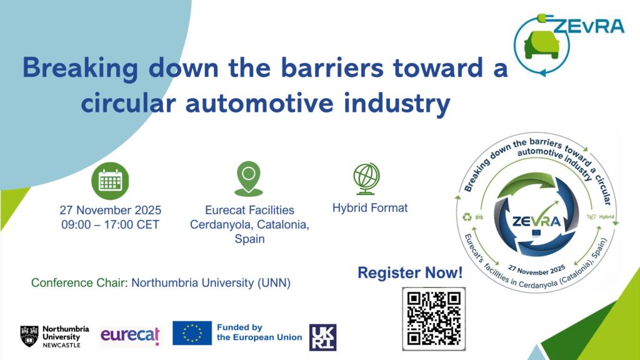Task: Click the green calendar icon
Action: click(x=110, y=181)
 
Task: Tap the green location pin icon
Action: click(x=249, y=178)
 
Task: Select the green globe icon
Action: click(x=366, y=178)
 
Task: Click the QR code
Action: click(x=434, y=319)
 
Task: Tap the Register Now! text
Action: click(x=410, y=272)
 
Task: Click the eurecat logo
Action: click(x=130, y=336)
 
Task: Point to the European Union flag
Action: click(x=192, y=332)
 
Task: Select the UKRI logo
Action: click(x=323, y=337)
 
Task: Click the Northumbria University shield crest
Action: click(x=29, y=336)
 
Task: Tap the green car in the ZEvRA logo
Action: click(x=542, y=44)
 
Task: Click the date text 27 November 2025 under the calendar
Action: click(x=110, y=210)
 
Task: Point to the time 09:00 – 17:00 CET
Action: click(x=110, y=224)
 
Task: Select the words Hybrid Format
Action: click(x=370, y=208)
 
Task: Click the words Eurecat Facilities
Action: click(x=249, y=210)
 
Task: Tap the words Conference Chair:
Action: click(x=79, y=283)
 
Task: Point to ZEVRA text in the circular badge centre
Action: click(x=536, y=222)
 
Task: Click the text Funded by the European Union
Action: click(x=259, y=332)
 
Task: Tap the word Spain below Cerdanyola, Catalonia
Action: click(x=249, y=239)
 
